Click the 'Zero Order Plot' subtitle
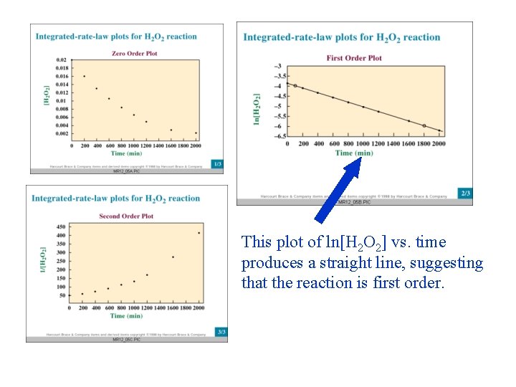coord(135,53)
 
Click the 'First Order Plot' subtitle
coord(354,58)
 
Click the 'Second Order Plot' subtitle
coord(126,216)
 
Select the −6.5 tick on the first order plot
coord(278,136)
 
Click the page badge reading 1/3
coord(218,164)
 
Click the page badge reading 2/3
coord(465,193)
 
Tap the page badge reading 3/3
coord(221,332)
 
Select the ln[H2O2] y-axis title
coord(257,108)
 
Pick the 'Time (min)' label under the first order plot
coord(354,153)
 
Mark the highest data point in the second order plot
coord(199,233)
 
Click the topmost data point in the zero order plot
coord(84,76)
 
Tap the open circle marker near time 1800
coord(424,126)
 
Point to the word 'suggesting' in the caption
coord(446,263)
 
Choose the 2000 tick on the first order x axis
coord(439,144)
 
